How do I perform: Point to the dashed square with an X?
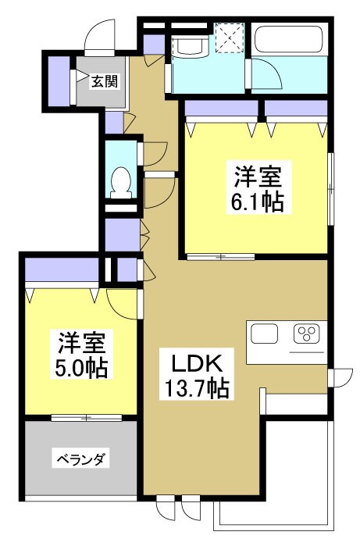click(230, 38)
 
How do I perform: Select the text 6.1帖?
click(255, 202)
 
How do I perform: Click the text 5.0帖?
click(81, 366)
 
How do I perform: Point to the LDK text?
click(198, 364)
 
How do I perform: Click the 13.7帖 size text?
click(198, 387)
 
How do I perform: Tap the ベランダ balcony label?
click(80, 459)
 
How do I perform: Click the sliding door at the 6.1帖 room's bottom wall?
click(219, 256)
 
